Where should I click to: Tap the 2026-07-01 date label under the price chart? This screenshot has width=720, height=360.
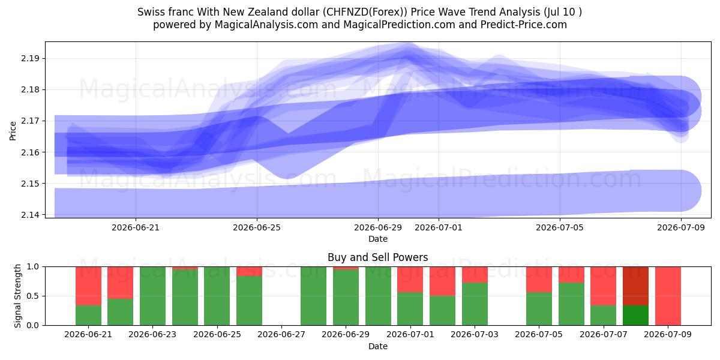tap(439, 228)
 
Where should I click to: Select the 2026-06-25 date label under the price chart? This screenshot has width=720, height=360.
tap(257, 228)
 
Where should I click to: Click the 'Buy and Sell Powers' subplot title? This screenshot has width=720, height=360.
tap(377, 257)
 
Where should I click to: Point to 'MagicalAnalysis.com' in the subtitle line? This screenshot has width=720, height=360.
tap(266, 25)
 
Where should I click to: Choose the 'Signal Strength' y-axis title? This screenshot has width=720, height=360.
tap(17, 296)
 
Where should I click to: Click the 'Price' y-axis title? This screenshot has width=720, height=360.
tap(13, 131)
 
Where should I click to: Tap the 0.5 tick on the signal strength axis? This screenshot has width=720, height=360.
tap(32, 296)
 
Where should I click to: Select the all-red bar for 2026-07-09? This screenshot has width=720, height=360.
tap(668, 296)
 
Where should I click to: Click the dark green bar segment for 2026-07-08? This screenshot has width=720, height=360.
tap(635, 316)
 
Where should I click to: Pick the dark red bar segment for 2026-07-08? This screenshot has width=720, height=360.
tap(635, 286)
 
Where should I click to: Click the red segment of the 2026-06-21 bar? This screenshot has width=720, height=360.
tap(88, 286)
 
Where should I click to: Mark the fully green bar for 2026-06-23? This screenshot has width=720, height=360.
tap(152, 296)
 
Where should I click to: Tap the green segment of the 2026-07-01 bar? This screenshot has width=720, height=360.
tap(410, 308)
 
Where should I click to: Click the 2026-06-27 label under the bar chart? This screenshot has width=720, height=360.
tap(281, 335)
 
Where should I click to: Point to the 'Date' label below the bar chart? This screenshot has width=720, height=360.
tap(377, 347)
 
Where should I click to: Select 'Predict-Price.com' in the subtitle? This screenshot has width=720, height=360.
tap(524, 25)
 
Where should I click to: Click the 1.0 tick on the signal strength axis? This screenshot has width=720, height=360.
tap(32, 267)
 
